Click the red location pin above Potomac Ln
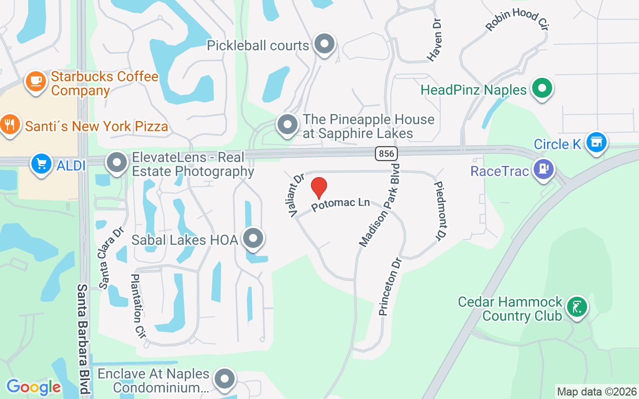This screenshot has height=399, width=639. [x=319, y=188]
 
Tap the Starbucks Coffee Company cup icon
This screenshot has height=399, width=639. [x=35, y=81]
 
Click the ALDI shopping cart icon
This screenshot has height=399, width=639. [x=41, y=164]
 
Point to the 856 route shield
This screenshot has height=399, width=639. [x=386, y=154]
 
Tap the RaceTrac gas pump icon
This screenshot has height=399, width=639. [x=543, y=169]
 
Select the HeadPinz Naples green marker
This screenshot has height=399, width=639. [x=542, y=89]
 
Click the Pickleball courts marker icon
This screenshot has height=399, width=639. [x=325, y=44]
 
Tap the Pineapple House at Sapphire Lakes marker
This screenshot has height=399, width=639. [x=288, y=124]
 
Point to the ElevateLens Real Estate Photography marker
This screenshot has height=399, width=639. [x=117, y=162]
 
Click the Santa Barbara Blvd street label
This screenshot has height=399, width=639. [x=83, y=339]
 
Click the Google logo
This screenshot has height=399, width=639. [x=33, y=387]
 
